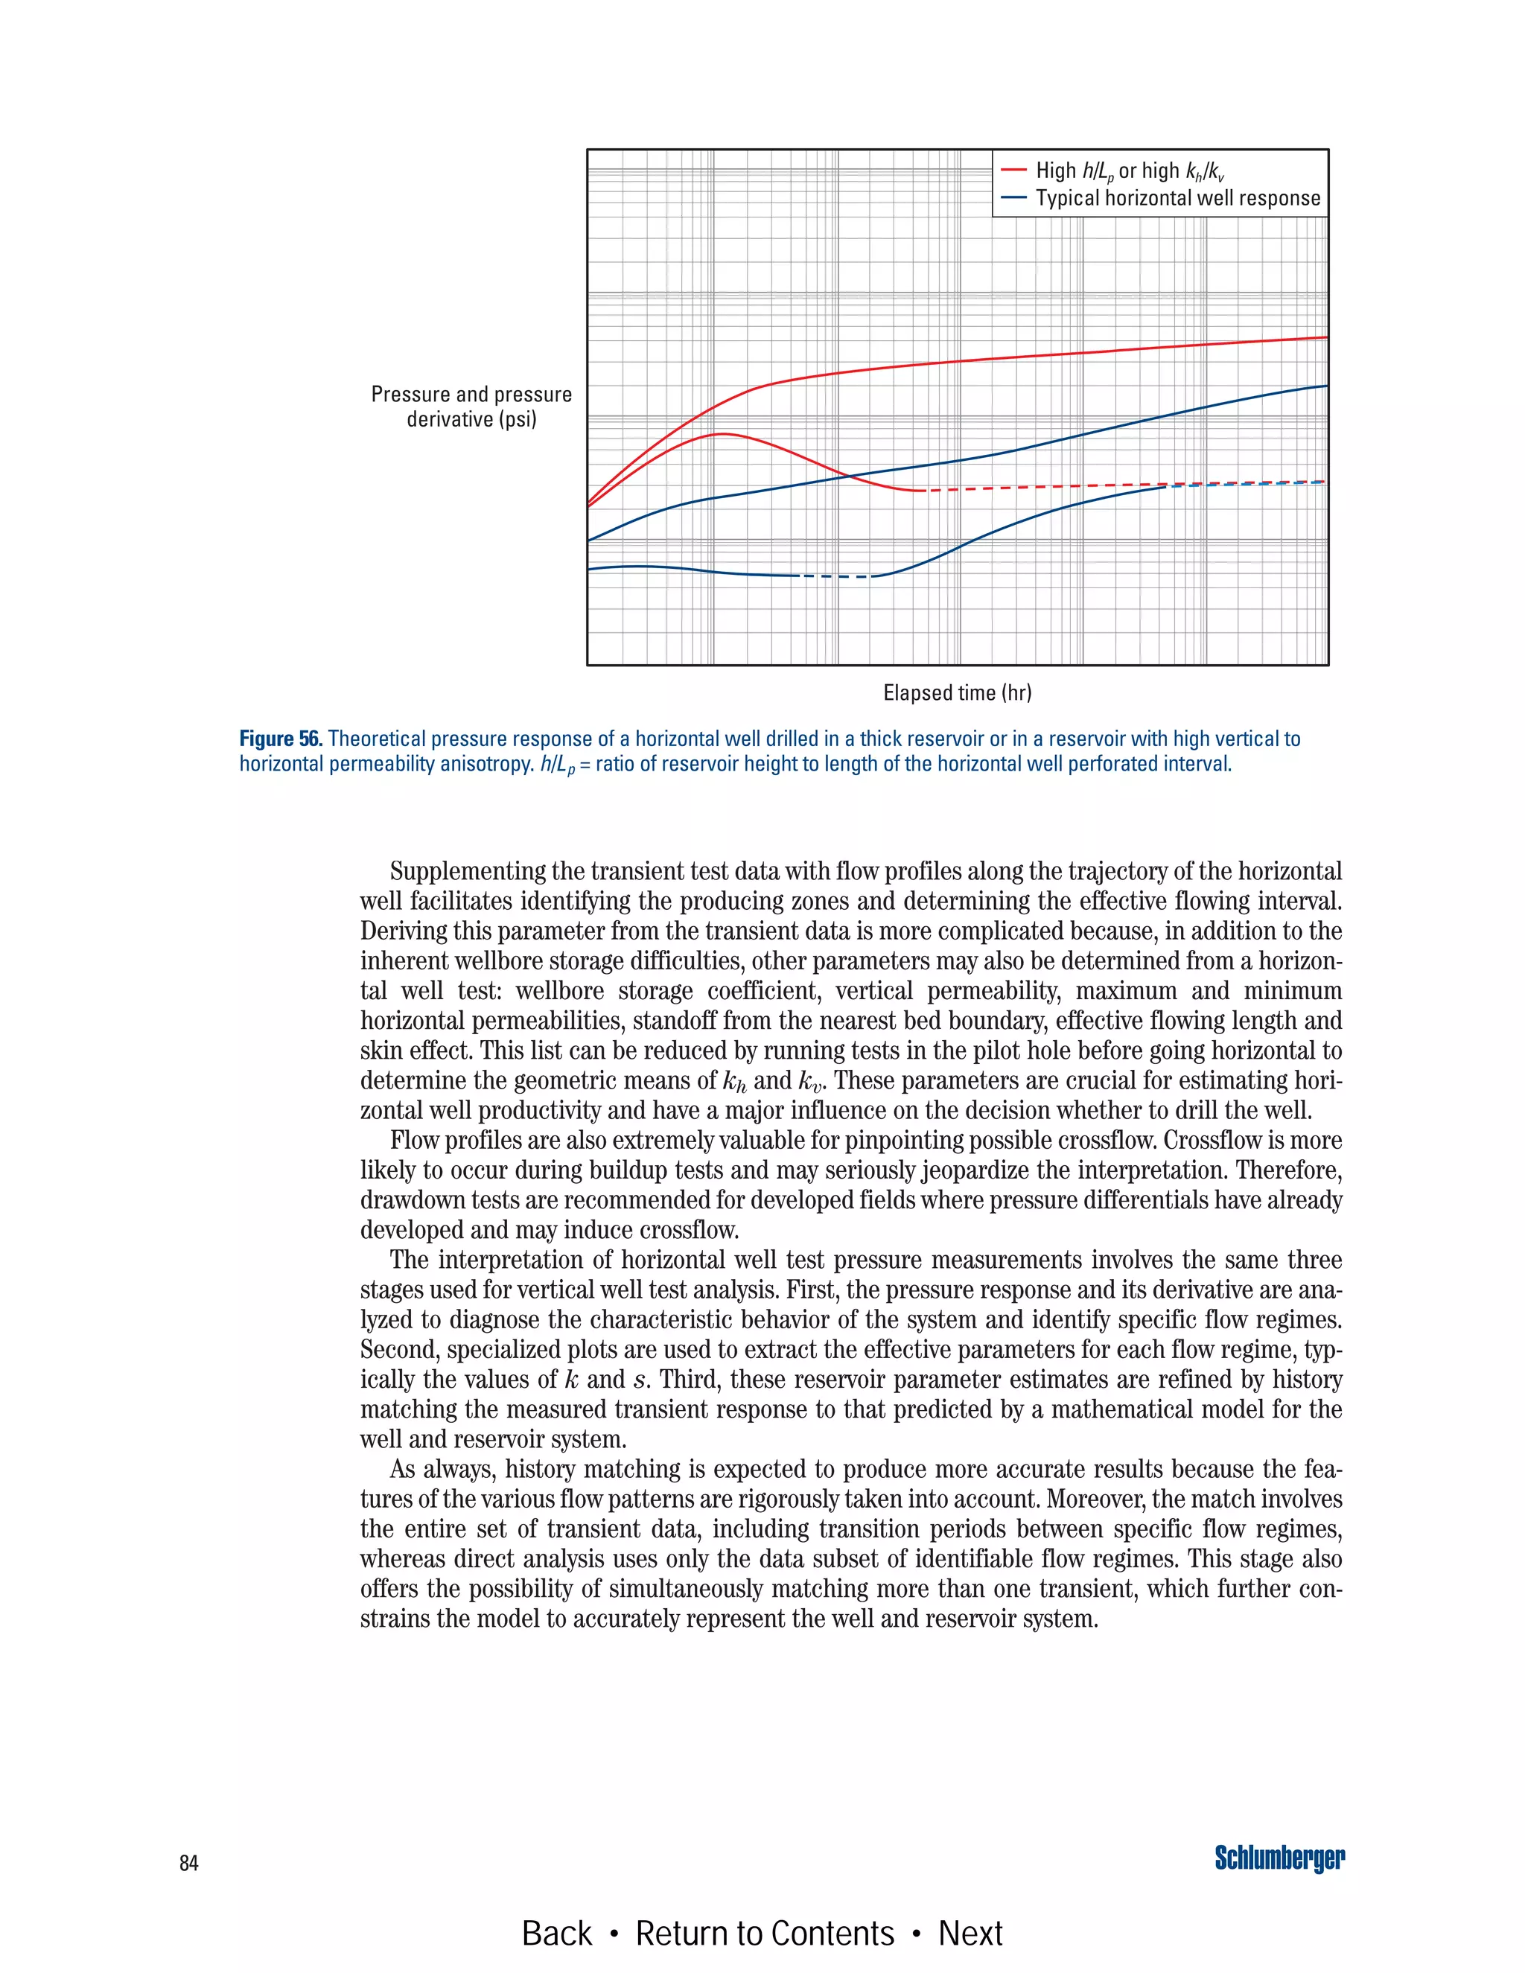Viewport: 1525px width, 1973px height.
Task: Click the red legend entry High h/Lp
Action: pyautogui.click(x=1130, y=170)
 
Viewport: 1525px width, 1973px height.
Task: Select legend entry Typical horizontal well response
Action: pyautogui.click(x=1177, y=198)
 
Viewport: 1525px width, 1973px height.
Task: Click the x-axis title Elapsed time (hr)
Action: pyautogui.click(x=957, y=693)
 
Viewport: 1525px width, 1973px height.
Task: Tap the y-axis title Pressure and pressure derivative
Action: pyautogui.click(x=471, y=407)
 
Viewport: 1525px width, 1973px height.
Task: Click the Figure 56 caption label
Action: pyautogui.click(x=280, y=739)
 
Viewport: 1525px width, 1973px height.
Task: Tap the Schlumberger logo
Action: pyautogui.click(x=1279, y=1859)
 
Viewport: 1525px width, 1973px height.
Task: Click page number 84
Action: pyautogui.click(x=189, y=1863)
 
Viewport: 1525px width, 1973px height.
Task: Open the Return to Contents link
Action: pyautogui.click(x=764, y=1934)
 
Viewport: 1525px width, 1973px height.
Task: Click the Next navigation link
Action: pyautogui.click(x=970, y=1934)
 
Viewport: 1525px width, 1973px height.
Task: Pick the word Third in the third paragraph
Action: pyautogui.click(x=691, y=1380)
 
